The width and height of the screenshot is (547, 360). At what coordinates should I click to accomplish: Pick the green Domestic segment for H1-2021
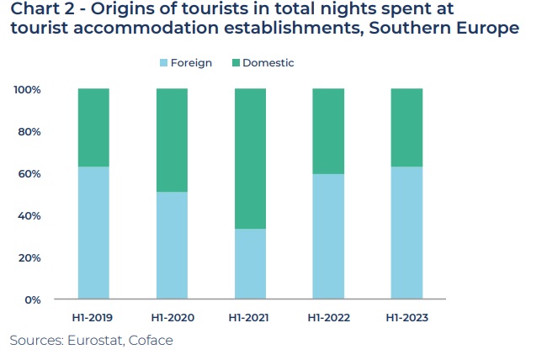point(250,159)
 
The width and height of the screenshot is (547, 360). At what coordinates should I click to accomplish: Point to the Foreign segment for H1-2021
point(250,264)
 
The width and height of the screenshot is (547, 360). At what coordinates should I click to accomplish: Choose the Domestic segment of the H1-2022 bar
point(328,131)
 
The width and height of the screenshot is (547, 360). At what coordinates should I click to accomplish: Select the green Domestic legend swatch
point(235,63)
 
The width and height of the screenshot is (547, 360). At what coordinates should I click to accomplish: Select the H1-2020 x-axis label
point(172,318)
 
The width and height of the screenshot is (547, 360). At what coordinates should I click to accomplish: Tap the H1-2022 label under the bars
point(328,318)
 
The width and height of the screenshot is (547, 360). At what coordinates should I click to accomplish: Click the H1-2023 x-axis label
point(406,318)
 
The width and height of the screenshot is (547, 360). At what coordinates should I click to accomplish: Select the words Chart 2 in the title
point(40,9)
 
